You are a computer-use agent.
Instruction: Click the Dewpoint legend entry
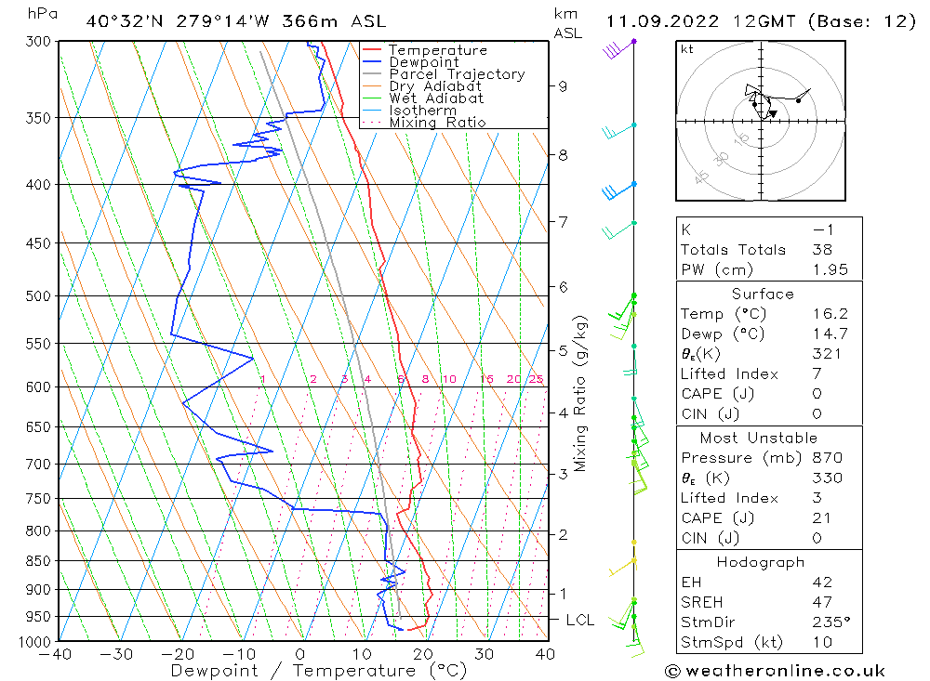click(x=423, y=62)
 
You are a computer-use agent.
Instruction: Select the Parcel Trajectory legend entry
click(x=457, y=74)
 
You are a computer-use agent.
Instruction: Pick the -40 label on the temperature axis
click(x=57, y=654)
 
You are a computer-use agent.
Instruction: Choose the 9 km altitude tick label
click(x=563, y=86)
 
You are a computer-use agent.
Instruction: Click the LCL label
click(x=579, y=620)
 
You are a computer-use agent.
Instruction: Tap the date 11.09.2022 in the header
click(x=658, y=21)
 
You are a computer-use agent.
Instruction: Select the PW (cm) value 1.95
click(x=822, y=269)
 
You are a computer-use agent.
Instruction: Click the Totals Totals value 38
click(x=822, y=250)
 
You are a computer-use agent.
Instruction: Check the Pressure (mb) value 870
click(x=826, y=458)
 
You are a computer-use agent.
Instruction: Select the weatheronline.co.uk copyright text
click(x=775, y=671)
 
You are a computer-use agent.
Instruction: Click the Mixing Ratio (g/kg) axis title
click(x=581, y=394)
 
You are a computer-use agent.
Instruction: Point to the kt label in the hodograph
click(x=687, y=49)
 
